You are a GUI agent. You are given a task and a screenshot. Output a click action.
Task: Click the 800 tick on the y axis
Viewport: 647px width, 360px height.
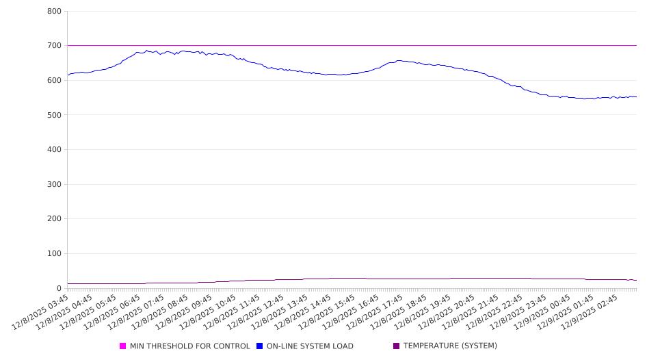point(54,12)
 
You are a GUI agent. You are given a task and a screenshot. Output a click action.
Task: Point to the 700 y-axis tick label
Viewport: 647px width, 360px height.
point(54,46)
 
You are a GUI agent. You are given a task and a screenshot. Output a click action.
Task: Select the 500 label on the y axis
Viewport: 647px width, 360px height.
point(54,115)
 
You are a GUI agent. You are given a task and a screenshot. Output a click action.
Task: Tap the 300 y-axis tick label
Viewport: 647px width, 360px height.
point(54,184)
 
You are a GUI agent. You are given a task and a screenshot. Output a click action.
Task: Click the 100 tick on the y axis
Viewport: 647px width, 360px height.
point(54,254)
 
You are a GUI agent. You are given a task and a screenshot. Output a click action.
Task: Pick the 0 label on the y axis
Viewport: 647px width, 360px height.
point(60,288)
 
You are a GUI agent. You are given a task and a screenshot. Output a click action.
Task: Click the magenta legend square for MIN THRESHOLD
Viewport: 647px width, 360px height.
point(123,346)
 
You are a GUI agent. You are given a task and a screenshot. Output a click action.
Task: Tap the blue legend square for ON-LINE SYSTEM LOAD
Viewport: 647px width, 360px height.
point(260,346)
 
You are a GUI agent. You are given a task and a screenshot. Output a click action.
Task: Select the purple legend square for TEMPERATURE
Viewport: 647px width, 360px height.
point(397,346)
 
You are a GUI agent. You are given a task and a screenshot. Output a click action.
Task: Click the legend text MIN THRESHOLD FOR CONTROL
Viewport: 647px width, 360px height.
point(190,346)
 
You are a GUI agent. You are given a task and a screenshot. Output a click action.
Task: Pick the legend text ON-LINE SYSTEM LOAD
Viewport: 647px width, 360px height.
point(310,346)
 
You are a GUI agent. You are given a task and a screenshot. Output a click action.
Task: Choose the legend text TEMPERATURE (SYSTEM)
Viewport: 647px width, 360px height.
point(450,346)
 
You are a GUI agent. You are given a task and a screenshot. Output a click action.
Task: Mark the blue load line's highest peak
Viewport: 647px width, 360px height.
point(146,50)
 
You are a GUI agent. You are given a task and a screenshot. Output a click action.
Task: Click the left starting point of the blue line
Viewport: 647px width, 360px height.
point(68,75)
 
